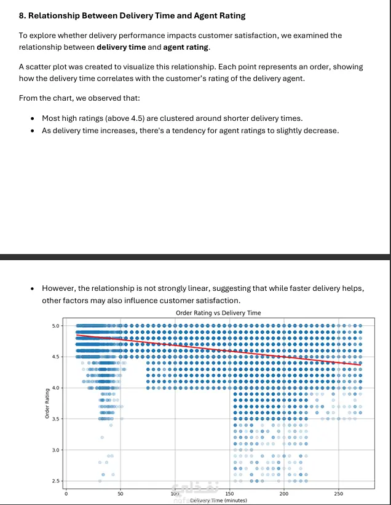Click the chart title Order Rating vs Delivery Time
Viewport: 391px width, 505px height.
[x=218, y=313]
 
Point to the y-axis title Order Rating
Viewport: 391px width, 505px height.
[x=47, y=403]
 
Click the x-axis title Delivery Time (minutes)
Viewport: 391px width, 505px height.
[x=218, y=500]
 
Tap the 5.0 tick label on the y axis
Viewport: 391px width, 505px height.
[x=56, y=325]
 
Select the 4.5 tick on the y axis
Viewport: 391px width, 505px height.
[x=56, y=357]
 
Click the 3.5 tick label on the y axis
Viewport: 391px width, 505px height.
[x=56, y=419]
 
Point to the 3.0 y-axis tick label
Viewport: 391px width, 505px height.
[x=56, y=450]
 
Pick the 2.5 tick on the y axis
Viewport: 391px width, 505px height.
[x=56, y=481]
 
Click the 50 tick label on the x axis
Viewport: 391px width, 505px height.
[x=120, y=493]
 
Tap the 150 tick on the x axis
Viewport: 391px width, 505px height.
[x=229, y=493]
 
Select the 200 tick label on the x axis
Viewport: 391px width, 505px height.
[x=284, y=493]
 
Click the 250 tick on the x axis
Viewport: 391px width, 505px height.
[x=339, y=493]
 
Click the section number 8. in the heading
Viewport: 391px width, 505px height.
[x=23, y=15]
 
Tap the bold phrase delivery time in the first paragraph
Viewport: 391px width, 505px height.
[x=120, y=47]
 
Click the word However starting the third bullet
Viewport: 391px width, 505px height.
[x=59, y=288]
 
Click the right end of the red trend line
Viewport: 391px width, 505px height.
[x=360, y=365]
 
